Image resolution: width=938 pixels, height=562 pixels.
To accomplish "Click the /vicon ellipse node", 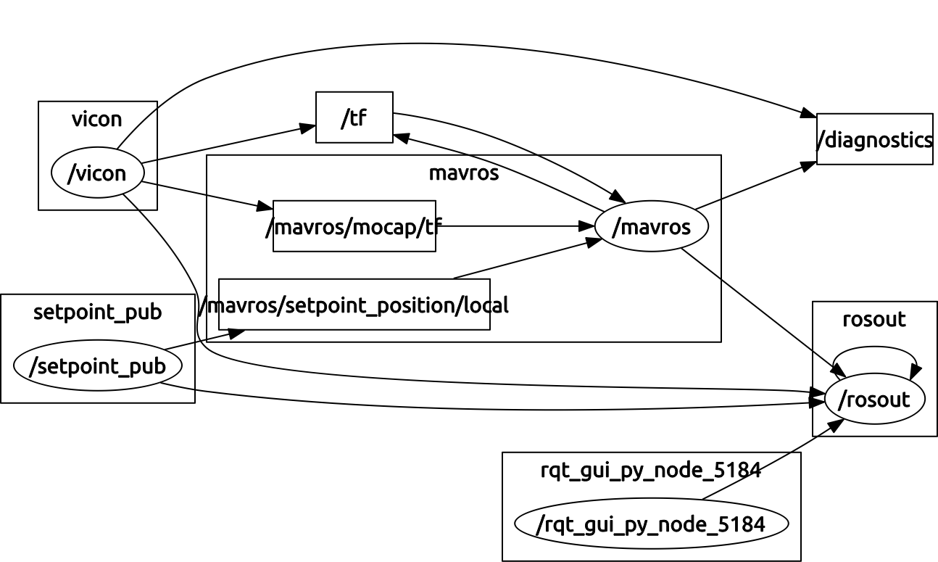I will click(97, 173).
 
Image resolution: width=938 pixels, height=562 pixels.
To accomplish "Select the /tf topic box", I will click(354, 117).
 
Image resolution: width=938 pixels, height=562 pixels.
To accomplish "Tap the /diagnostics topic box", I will click(874, 139).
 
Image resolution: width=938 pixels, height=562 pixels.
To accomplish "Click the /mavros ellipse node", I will click(651, 227).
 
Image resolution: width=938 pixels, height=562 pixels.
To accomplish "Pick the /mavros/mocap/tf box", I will click(354, 227).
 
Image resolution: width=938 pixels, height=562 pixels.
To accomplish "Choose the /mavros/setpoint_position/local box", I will click(354, 305).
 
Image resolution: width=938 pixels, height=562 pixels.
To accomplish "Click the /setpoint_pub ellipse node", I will click(97, 366).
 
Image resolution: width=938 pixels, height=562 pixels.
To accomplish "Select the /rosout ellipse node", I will click(874, 399).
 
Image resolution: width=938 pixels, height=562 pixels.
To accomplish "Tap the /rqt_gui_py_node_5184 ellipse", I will click(651, 524).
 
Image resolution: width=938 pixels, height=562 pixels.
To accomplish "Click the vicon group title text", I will click(97, 119).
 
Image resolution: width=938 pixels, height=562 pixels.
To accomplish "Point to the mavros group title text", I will click(464, 173).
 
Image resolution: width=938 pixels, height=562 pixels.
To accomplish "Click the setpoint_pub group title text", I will click(97, 312).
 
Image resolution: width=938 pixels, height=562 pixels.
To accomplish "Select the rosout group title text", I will click(874, 319).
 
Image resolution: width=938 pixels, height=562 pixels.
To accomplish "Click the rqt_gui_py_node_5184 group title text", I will click(651, 470).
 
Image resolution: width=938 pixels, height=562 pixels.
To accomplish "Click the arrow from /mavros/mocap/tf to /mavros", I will click(515, 226).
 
